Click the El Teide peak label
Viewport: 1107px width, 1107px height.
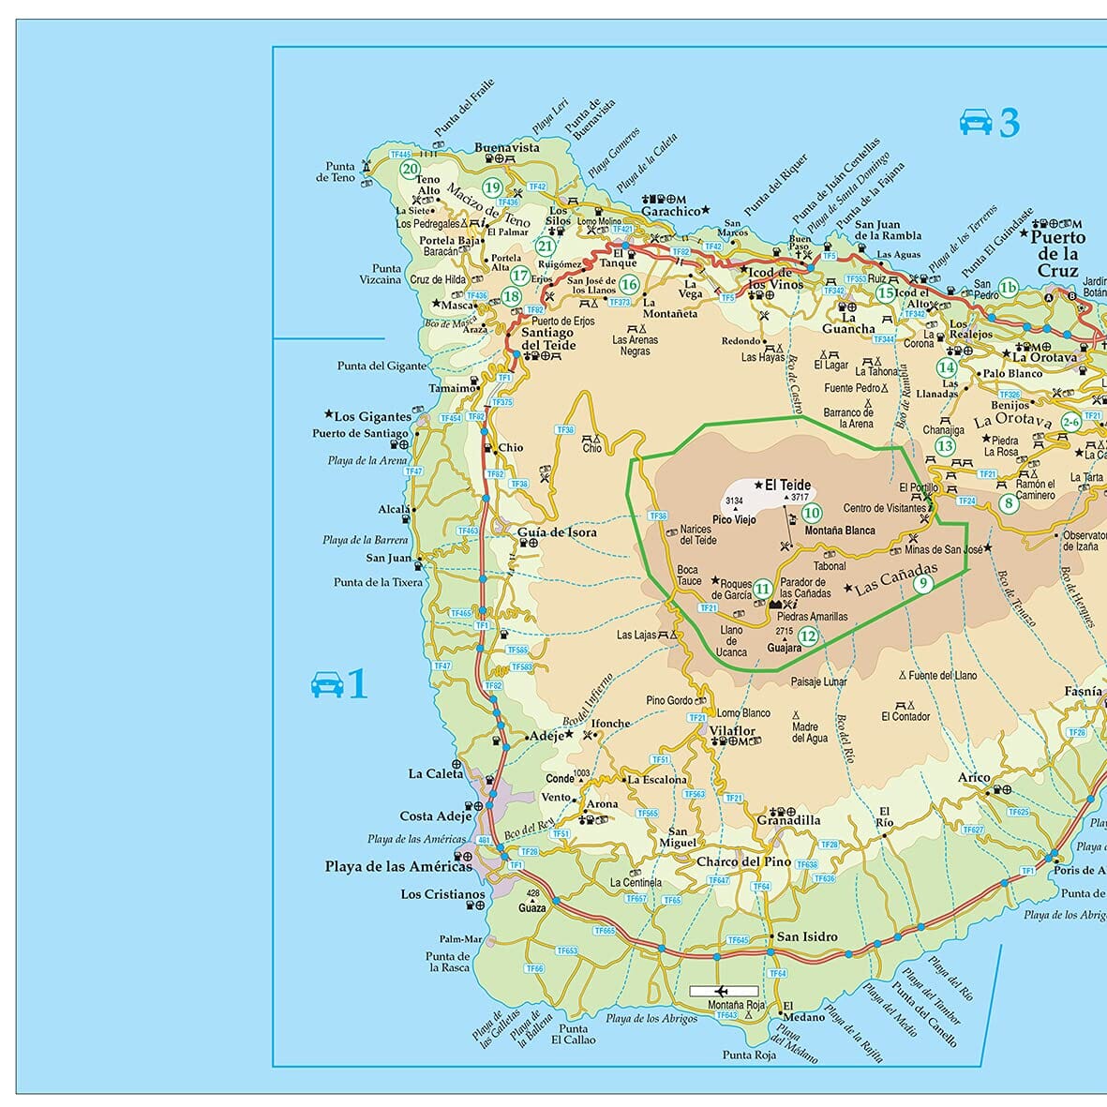point(787,486)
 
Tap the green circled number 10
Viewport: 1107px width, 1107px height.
point(812,513)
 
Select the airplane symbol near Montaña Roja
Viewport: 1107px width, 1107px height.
point(722,991)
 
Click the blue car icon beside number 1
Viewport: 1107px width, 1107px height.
point(327,684)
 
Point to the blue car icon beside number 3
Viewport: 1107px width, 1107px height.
point(976,122)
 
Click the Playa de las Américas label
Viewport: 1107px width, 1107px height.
point(398,867)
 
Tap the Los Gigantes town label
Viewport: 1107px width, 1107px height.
point(372,416)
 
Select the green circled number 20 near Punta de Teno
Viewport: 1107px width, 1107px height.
point(410,170)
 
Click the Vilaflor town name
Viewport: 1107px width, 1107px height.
point(732,731)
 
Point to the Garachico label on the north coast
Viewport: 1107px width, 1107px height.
point(671,212)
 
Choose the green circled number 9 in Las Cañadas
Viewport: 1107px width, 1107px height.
point(922,583)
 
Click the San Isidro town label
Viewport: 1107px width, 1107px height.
point(807,936)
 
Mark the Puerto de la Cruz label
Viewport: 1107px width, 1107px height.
point(1057,253)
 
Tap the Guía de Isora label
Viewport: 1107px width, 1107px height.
point(557,532)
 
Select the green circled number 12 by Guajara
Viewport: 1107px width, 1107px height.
point(808,636)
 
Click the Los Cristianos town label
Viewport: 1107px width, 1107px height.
point(443,894)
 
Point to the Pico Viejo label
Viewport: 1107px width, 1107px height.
point(734,519)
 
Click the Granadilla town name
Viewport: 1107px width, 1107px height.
point(788,820)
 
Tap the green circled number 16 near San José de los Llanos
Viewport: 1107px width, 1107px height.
point(629,285)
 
